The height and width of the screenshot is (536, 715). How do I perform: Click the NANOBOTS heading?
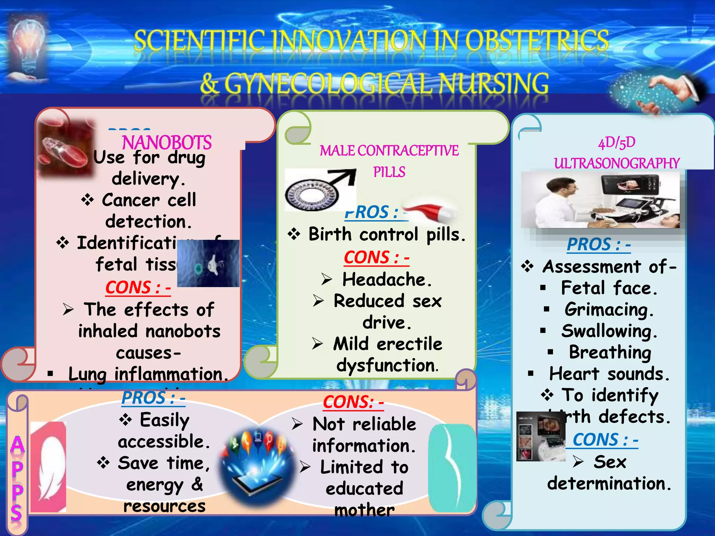tap(167, 142)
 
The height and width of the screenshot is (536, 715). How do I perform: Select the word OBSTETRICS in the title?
tap(537, 41)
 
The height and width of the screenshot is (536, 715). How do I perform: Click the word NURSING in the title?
tap(493, 84)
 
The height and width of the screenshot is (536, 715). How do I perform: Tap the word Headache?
tap(387, 280)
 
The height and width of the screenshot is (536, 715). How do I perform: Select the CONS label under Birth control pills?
tap(376, 258)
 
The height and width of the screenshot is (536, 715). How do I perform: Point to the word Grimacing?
tap(609, 310)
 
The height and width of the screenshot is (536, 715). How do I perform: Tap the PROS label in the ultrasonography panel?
tap(598, 244)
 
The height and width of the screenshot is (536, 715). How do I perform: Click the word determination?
tap(609, 484)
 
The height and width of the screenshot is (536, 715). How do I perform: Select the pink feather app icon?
tap(49, 467)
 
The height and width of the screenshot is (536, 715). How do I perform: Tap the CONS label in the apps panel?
tap(353, 402)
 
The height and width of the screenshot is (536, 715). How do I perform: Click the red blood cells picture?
tap(66, 148)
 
